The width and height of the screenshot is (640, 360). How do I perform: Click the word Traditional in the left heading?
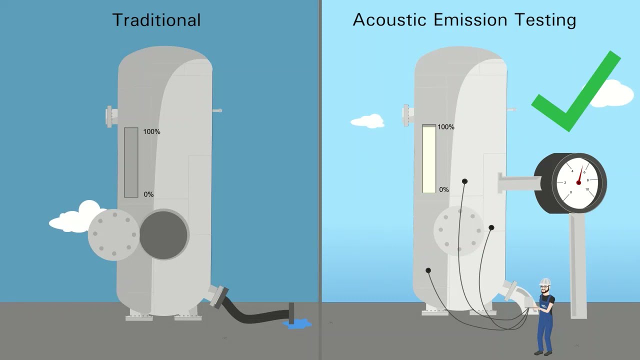[x=156, y=20]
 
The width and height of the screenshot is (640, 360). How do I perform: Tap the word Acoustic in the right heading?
[x=389, y=20]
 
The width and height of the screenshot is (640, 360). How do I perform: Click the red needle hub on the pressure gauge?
[x=578, y=183]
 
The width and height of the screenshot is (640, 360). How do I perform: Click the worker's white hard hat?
[x=545, y=281]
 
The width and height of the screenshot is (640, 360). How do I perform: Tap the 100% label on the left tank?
[x=151, y=132]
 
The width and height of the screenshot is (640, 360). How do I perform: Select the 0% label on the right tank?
[x=443, y=190]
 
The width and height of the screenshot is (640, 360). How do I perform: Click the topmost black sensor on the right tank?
[x=464, y=181]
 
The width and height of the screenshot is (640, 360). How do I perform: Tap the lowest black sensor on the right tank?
[x=428, y=270]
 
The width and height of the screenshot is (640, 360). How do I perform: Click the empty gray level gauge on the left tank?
[x=131, y=162]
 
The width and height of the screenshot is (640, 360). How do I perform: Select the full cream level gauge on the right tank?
[x=429, y=159]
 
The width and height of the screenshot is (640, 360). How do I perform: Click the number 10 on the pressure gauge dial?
[x=587, y=189]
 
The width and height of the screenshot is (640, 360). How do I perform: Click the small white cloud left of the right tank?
[x=367, y=121]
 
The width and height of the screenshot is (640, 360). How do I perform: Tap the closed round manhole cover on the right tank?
[x=458, y=230]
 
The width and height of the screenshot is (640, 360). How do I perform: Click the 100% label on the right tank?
[x=446, y=127]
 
